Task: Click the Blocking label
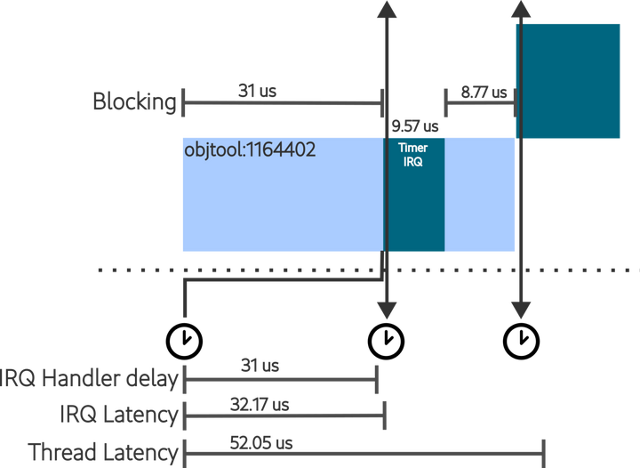[x=134, y=101]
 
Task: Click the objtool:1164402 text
[x=250, y=150]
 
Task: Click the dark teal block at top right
[x=570, y=80]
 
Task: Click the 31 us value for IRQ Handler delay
[x=260, y=365]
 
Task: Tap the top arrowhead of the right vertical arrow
[x=520, y=11]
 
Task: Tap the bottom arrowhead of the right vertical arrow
[x=520, y=309]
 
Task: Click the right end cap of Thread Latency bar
[x=543, y=453]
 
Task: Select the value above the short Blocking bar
[x=484, y=91]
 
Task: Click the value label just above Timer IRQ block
[x=414, y=126]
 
